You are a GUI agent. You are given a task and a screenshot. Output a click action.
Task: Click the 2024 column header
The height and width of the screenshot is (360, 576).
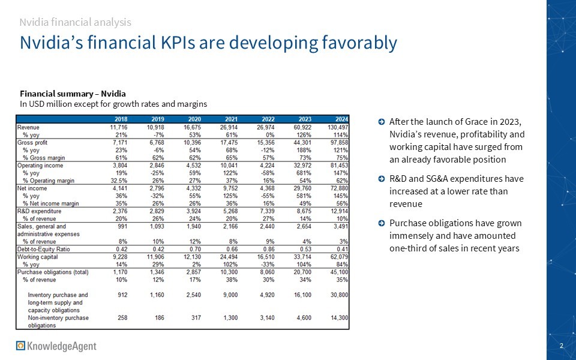[x=340, y=119]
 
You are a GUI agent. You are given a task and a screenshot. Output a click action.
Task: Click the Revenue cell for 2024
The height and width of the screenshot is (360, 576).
[x=337, y=127]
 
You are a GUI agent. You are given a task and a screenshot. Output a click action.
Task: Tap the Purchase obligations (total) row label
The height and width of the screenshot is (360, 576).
[x=53, y=272]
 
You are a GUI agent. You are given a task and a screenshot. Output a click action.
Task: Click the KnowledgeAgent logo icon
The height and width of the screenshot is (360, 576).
[x=21, y=346]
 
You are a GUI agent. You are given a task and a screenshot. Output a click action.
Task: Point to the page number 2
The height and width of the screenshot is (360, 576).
[x=561, y=346]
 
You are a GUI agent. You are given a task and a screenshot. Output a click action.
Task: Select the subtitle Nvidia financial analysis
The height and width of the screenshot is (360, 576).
[x=75, y=22]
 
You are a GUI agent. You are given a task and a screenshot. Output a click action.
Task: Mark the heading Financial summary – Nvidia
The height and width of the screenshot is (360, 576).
[x=73, y=94]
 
